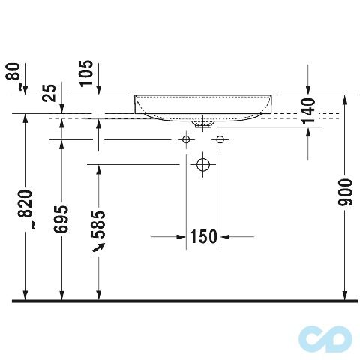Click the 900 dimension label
click(x=345, y=192)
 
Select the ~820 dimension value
click(x=25, y=209)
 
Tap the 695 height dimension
click(x=61, y=219)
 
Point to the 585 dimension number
click(x=98, y=225)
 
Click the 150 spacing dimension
click(x=203, y=236)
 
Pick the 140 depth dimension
click(x=308, y=111)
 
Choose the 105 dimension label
click(x=86, y=73)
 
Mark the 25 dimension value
click(x=49, y=92)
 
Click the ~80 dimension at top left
click(x=13, y=76)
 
